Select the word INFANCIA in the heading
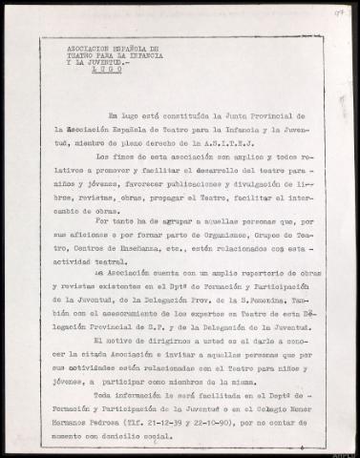pyautogui.click(x=138, y=53)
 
